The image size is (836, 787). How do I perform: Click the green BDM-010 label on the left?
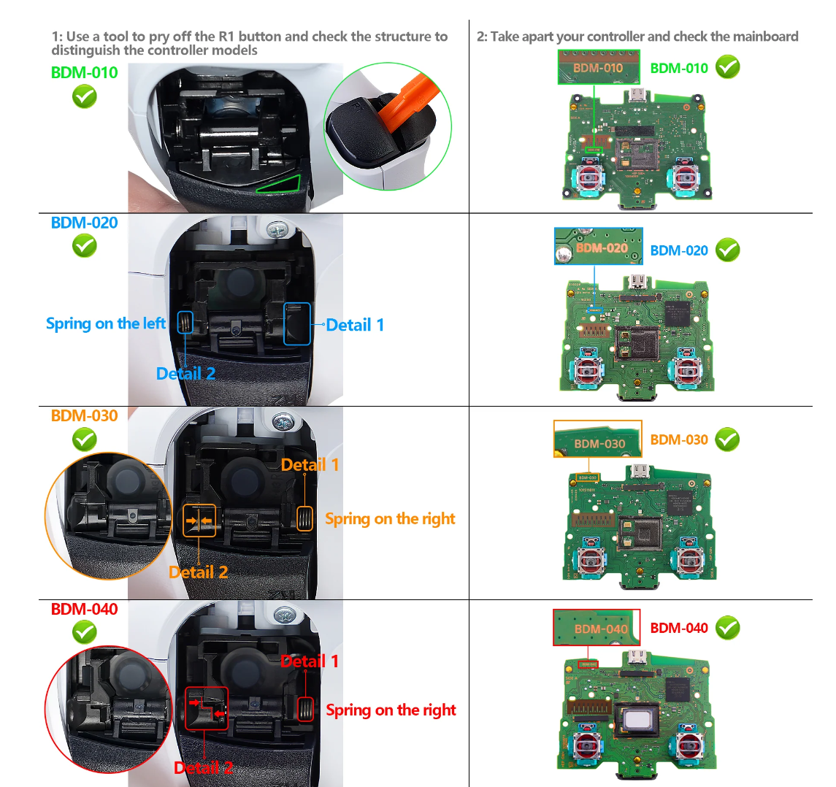tap(84, 72)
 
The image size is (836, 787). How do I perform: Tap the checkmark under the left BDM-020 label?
tap(85, 247)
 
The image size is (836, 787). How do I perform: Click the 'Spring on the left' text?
tap(106, 323)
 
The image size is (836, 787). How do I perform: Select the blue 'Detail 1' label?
tap(354, 325)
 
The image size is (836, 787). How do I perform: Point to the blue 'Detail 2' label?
tap(185, 374)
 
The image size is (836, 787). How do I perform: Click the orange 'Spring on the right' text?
tap(390, 519)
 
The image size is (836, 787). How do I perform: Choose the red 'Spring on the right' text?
tap(391, 710)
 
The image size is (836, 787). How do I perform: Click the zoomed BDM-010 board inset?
tap(599, 67)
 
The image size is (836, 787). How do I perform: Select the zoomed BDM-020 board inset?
tap(599, 246)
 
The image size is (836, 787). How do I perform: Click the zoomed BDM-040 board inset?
tap(597, 628)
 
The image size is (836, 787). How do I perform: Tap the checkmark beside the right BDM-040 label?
tap(727, 628)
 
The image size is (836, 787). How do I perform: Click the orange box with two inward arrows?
tap(199, 521)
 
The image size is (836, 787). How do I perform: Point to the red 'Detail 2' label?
tap(203, 767)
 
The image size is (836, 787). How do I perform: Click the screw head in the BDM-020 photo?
tap(277, 231)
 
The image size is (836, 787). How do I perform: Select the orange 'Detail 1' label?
tap(310, 465)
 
